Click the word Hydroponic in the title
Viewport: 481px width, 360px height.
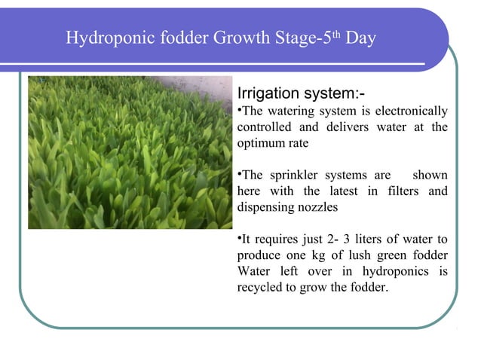pyautogui.click(x=103, y=38)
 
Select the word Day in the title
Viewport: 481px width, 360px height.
pyautogui.click(x=361, y=38)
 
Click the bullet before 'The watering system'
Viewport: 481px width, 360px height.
pyautogui.click(x=240, y=111)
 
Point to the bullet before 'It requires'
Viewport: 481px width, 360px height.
pyautogui.click(x=240, y=239)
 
